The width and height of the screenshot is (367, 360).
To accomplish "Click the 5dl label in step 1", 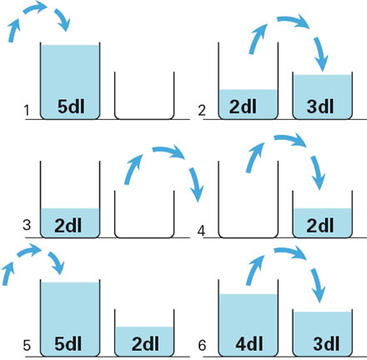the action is [71, 106].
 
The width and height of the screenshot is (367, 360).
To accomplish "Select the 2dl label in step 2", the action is [243, 106].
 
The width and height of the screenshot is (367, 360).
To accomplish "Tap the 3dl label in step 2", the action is [320, 106].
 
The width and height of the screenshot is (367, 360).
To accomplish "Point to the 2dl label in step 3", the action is [68, 225].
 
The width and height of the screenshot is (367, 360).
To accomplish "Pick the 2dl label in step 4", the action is [320, 225].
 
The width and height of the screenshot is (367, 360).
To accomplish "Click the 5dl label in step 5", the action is [68, 344].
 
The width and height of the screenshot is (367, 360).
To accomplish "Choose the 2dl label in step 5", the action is [145, 344].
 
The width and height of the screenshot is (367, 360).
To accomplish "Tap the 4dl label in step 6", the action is [249, 344].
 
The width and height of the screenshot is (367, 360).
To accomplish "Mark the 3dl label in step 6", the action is [326, 344].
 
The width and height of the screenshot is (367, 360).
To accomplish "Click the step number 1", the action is [27, 111].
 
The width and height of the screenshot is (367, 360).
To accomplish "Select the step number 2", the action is [202, 111].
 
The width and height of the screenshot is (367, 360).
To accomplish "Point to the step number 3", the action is [27, 225].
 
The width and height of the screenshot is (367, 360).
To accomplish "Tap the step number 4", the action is [201, 231].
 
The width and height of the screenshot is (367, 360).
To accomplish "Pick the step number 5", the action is [27, 345].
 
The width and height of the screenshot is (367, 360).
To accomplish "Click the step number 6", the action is [202, 345].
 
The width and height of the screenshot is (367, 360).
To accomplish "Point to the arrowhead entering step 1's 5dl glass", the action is [64, 25].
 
